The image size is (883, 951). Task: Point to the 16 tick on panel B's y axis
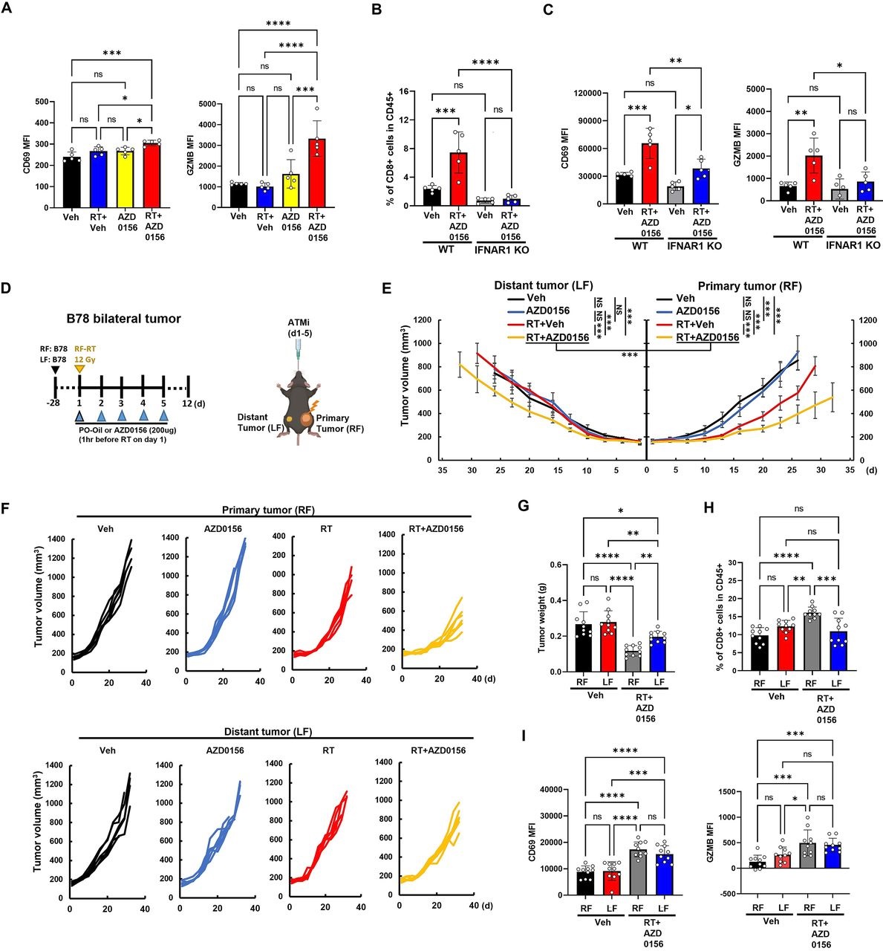pos(402,92)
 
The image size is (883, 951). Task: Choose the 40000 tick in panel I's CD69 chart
pos(561,790)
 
